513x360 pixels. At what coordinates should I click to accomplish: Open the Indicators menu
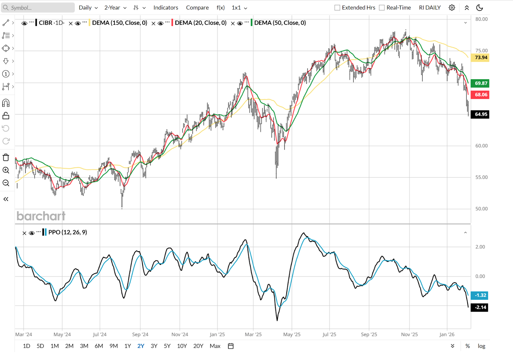(165, 8)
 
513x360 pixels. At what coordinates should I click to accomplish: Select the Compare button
(197, 8)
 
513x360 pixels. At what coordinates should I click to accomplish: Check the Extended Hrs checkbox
(337, 8)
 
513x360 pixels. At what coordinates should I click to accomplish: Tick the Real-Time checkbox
(382, 8)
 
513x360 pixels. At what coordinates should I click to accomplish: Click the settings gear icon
(452, 8)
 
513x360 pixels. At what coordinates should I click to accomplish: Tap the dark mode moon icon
(480, 8)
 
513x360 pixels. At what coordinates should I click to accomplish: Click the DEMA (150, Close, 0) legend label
(120, 23)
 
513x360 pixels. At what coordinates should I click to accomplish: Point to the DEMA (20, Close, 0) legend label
(200, 23)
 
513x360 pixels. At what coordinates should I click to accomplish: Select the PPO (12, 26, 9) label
(68, 232)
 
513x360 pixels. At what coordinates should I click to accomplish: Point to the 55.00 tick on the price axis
(481, 177)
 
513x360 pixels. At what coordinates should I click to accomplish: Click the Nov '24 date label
(180, 334)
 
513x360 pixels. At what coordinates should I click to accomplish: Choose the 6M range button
(99, 346)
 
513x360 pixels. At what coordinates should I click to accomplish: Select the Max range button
(215, 346)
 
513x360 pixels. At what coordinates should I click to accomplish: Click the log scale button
(481, 346)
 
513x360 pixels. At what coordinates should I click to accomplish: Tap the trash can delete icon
(6, 158)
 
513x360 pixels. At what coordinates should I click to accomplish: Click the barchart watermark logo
(41, 216)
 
